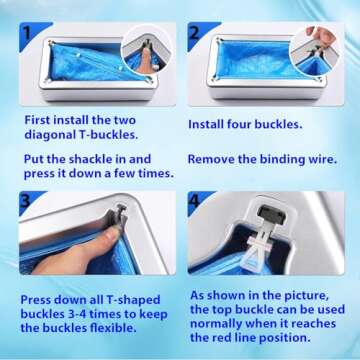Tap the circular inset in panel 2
(322, 40)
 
